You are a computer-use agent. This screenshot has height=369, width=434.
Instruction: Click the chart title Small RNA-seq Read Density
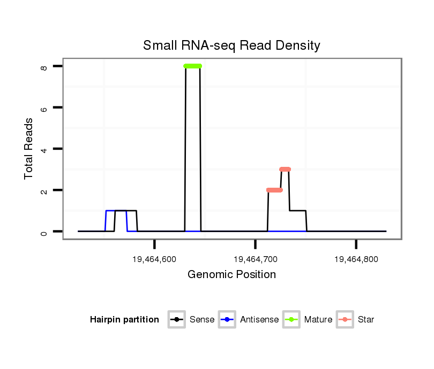point(231,45)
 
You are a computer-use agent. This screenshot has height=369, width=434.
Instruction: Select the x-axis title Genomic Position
point(231,275)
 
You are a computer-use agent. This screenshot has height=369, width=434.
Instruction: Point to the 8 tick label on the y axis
point(44,67)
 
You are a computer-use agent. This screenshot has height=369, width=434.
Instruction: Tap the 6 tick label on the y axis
point(44,108)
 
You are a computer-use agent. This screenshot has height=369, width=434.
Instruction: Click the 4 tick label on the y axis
point(44,149)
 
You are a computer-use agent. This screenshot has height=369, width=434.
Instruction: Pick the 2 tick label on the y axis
point(44,191)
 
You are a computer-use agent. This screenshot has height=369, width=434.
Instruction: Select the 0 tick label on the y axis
point(44,232)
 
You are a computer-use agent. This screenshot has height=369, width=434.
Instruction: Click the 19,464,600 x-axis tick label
point(154,259)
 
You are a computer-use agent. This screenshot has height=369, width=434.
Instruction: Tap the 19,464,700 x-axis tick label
point(255,259)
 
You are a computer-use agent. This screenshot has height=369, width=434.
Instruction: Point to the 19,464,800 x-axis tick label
point(356,259)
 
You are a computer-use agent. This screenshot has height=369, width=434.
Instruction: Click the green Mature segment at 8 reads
point(193,66)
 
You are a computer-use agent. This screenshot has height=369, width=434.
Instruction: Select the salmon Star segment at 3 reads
point(285,169)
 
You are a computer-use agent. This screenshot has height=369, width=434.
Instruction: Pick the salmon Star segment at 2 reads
point(274,190)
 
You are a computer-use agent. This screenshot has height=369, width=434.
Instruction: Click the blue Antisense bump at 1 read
point(110,211)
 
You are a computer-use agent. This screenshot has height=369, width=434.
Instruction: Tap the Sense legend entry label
point(202,320)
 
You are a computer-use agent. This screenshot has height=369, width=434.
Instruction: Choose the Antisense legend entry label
point(259,320)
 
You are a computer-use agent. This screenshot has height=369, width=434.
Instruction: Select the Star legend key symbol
point(345,320)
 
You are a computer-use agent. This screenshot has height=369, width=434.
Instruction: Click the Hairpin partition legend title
point(124,320)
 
